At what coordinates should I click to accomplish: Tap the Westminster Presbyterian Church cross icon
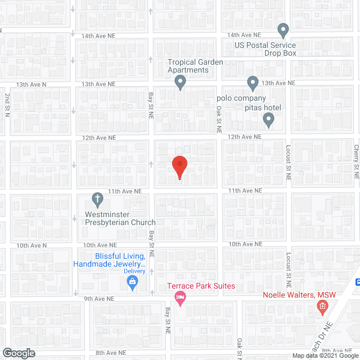point(97,199)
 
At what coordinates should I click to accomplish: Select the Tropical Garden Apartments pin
point(180,83)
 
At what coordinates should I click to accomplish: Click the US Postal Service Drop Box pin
point(283,29)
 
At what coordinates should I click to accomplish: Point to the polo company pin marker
point(253,83)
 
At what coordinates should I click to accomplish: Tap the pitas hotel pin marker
point(269,120)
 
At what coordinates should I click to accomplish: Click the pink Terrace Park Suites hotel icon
point(180,298)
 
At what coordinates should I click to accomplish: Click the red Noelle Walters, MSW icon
point(322,306)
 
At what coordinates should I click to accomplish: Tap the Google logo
point(18,353)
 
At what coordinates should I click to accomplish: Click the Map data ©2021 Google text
point(323,355)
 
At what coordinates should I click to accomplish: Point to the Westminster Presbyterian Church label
point(119,218)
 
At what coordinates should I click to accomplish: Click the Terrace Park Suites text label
point(201,286)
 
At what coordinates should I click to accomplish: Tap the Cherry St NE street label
point(355,160)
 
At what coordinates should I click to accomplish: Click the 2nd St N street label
point(7,105)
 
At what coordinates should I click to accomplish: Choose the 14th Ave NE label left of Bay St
point(98,35)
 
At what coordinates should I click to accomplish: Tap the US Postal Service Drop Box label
point(265,49)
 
